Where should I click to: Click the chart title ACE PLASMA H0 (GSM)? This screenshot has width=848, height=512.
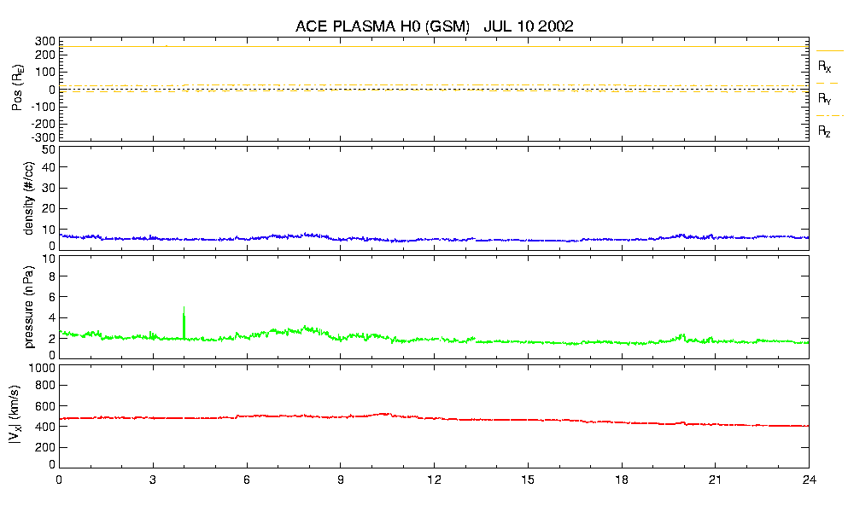tap(383, 26)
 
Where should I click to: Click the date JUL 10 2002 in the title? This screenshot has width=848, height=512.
tap(528, 26)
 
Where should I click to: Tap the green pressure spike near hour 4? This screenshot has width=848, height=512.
tap(184, 323)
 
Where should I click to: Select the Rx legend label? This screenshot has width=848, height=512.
tap(825, 66)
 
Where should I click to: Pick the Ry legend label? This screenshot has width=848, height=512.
tap(825, 99)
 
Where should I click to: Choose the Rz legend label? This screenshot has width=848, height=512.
tap(825, 131)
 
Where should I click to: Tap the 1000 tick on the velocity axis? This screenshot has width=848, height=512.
tap(41, 369)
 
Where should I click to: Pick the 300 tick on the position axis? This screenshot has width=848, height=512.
tap(45, 41)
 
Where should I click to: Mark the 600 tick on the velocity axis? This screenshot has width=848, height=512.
tap(45, 406)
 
